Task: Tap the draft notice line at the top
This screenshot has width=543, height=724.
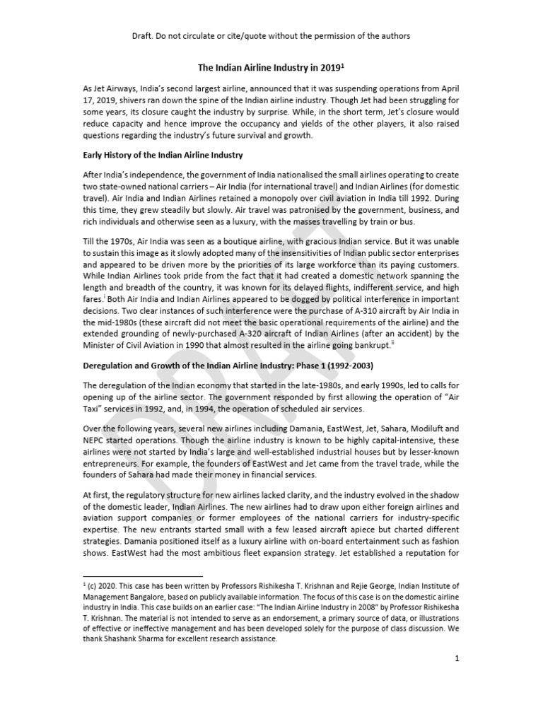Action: pos(271,35)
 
